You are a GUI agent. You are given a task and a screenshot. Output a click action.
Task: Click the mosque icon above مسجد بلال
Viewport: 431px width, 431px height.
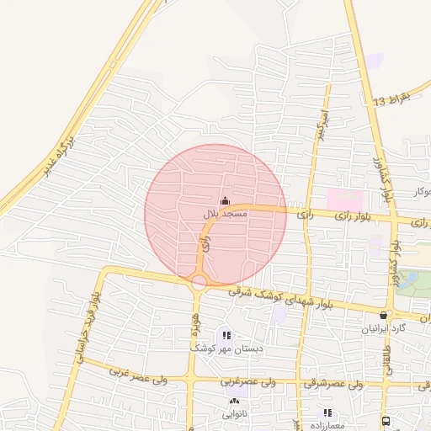[224, 201]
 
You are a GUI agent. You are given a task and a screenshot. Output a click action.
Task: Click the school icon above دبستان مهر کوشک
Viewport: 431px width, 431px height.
[226, 334]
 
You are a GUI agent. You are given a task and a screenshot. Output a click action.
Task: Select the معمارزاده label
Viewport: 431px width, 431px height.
[327, 426]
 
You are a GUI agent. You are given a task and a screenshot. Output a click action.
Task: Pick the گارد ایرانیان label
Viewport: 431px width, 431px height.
[385, 327]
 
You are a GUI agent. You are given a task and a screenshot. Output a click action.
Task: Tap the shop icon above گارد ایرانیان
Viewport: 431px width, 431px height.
[384, 315]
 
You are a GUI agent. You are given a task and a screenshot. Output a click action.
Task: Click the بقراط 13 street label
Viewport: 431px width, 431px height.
[392, 99]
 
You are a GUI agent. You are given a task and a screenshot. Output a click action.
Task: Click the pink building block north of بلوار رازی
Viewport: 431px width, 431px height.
[345, 200]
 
